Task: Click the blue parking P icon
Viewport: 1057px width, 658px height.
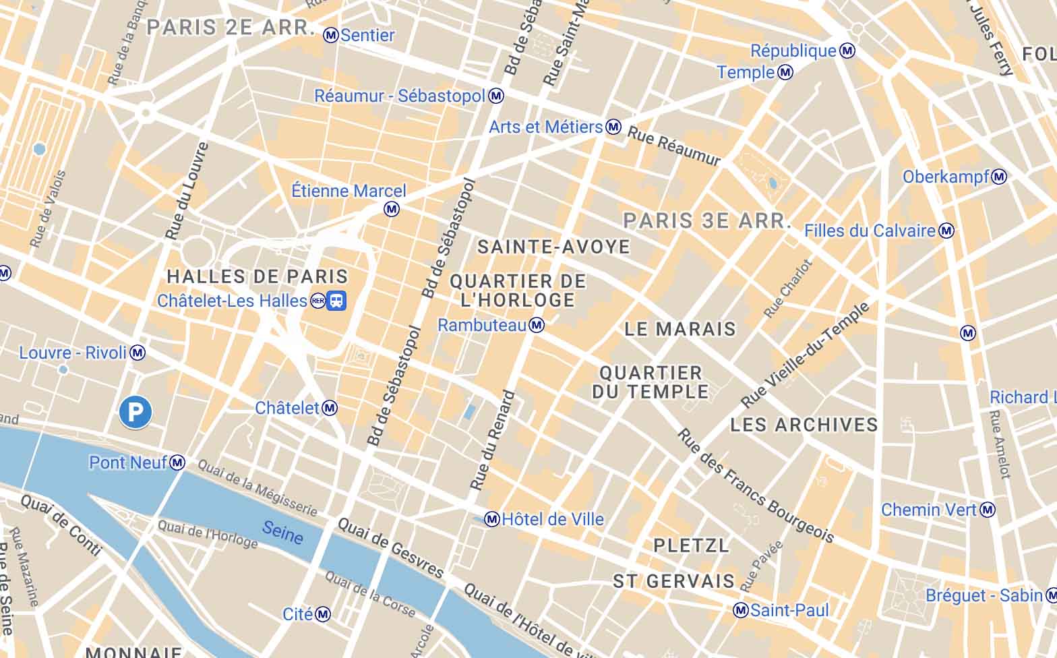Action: (x=135, y=411)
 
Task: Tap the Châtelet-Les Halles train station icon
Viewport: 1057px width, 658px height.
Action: (x=336, y=301)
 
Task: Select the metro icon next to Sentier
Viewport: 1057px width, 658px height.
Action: (x=330, y=35)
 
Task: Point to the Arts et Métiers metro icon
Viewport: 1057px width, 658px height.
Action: (x=613, y=127)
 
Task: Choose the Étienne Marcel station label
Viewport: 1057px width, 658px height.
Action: (x=349, y=191)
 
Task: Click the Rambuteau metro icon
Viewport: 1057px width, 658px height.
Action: (x=537, y=326)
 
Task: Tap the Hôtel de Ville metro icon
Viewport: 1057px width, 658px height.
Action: (x=492, y=519)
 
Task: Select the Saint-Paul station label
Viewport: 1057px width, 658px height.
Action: (x=789, y=610)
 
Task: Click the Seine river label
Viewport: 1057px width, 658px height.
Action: (x=282, y=533)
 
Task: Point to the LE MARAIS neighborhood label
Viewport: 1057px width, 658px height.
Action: (x=680, y=329)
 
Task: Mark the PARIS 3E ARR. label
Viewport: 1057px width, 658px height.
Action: (x=705, y=220)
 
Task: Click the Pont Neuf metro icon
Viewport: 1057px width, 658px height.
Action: (x=177, y=462)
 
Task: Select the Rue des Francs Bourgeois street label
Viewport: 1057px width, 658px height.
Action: (x=756, y=486)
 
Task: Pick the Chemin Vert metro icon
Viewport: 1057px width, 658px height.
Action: (x=988, y=510)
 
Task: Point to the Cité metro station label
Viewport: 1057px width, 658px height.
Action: (x=297, y=614)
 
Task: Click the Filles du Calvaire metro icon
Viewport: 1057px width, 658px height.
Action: (x=946, y=231)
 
